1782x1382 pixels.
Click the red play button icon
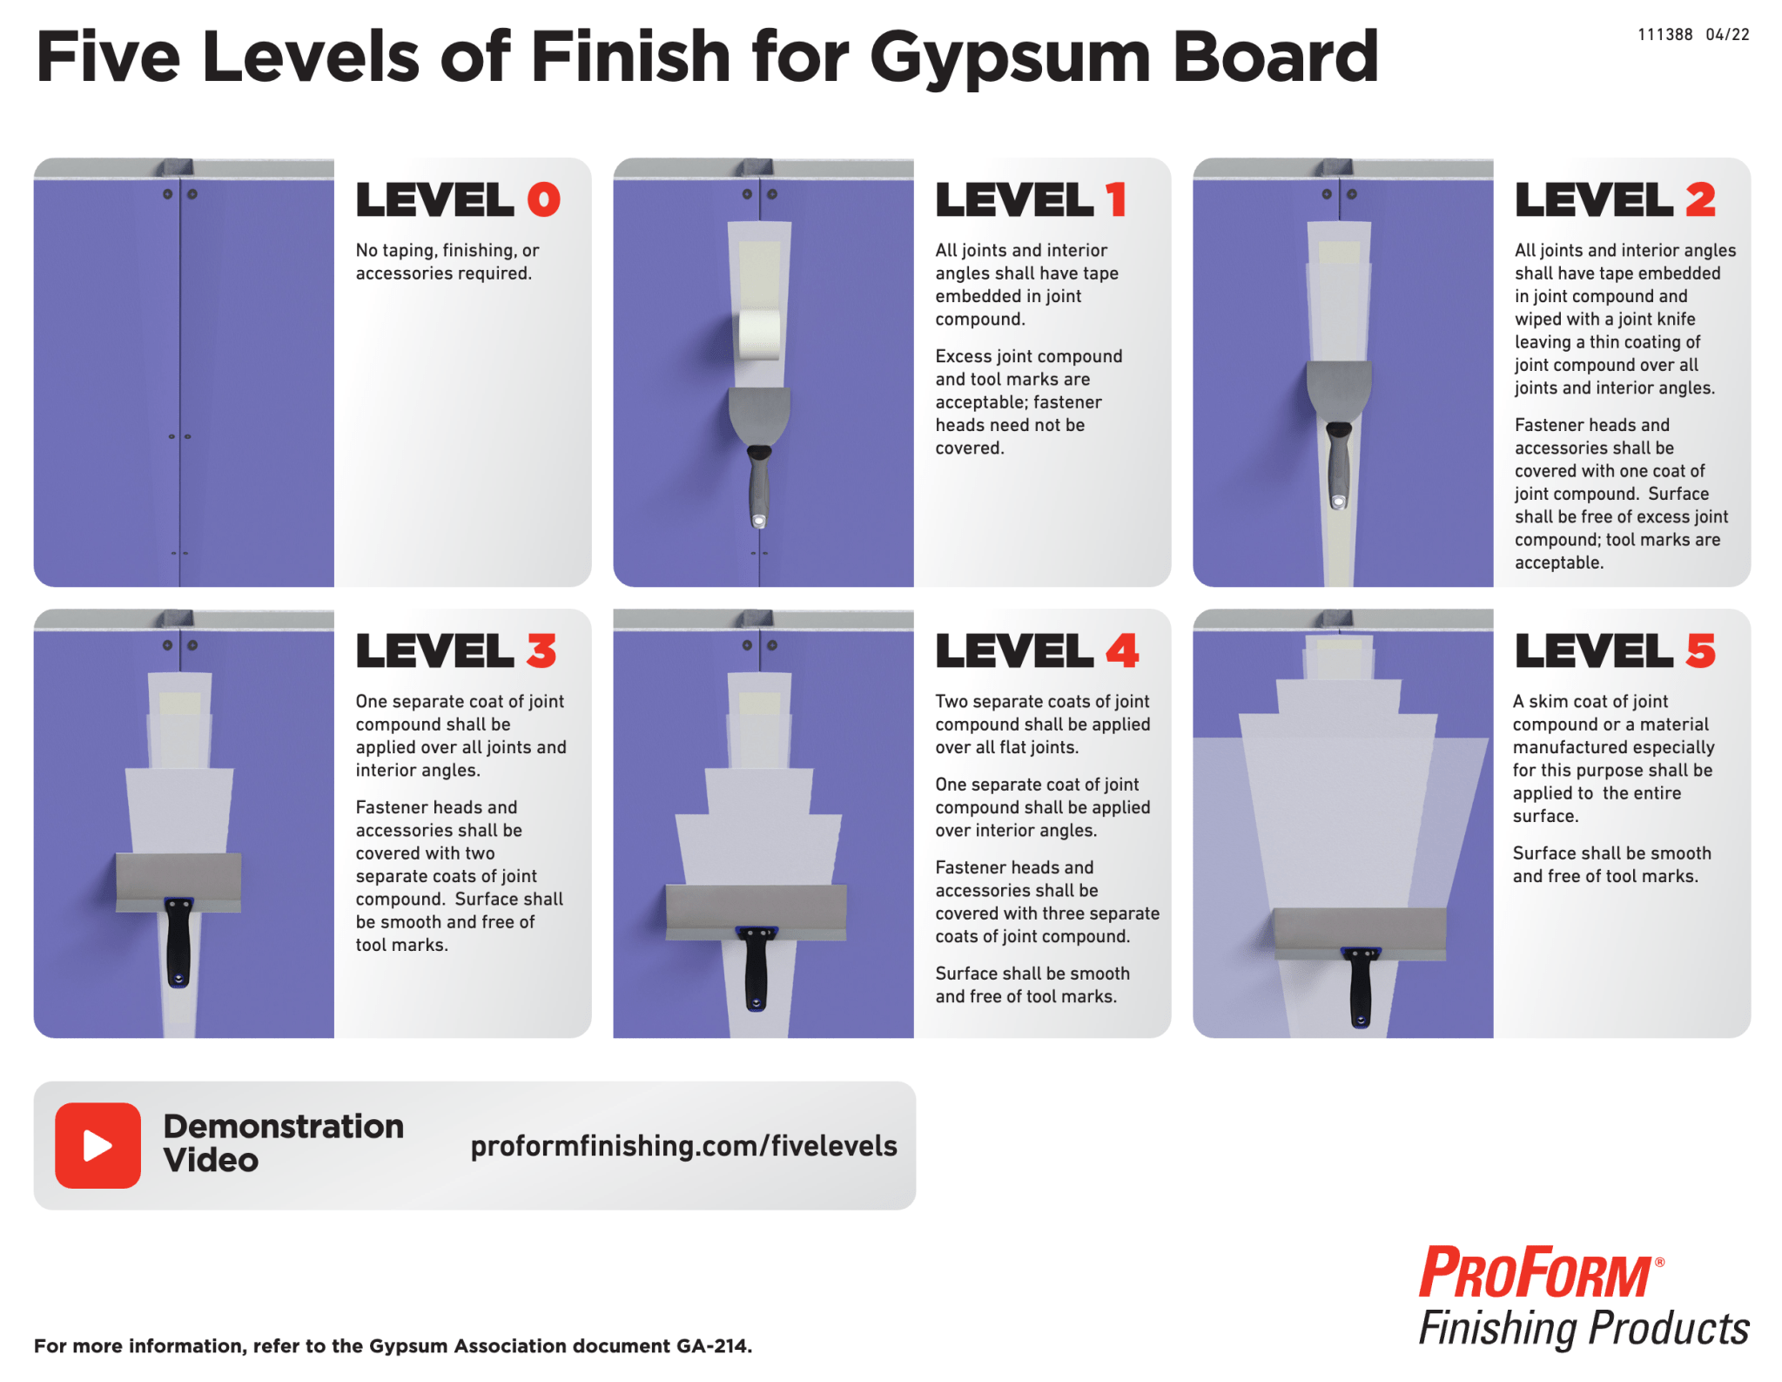98,1145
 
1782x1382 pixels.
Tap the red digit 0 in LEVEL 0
544,199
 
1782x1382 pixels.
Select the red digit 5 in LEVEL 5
1700,651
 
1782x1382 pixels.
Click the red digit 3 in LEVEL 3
541,651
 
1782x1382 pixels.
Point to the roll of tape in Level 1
759,334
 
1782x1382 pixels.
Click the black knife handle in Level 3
178,942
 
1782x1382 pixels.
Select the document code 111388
1664,35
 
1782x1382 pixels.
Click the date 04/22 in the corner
1727,35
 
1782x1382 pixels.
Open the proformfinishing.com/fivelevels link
683,1146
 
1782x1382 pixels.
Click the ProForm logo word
1537,1273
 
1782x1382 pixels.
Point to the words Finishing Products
1584,1329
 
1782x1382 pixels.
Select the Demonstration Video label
284,1143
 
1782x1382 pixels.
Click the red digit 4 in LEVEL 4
1122,651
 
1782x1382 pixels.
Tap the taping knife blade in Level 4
756,912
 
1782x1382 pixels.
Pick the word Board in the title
1275,57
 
